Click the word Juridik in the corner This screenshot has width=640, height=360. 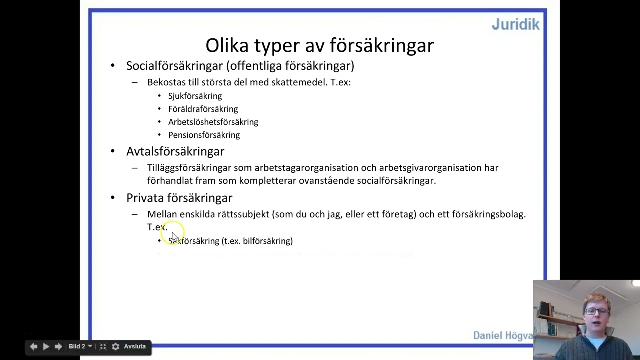515,24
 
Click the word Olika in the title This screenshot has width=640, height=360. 227,45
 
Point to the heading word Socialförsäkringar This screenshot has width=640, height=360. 174,66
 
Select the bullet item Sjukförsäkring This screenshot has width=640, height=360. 195,96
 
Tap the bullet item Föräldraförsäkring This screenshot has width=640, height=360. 203,109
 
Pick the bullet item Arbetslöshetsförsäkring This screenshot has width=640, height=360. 213,122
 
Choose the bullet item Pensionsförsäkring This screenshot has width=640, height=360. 204,135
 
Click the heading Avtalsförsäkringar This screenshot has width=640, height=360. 175,151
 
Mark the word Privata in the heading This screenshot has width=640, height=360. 145,198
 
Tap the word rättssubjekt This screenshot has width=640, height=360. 243,214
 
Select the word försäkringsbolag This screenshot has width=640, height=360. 488,214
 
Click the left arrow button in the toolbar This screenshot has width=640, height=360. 33,346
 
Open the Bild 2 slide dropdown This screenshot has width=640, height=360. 80,346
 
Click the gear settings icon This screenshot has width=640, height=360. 115,346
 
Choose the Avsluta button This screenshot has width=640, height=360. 135,346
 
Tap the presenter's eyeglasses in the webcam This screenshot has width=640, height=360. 596,311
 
